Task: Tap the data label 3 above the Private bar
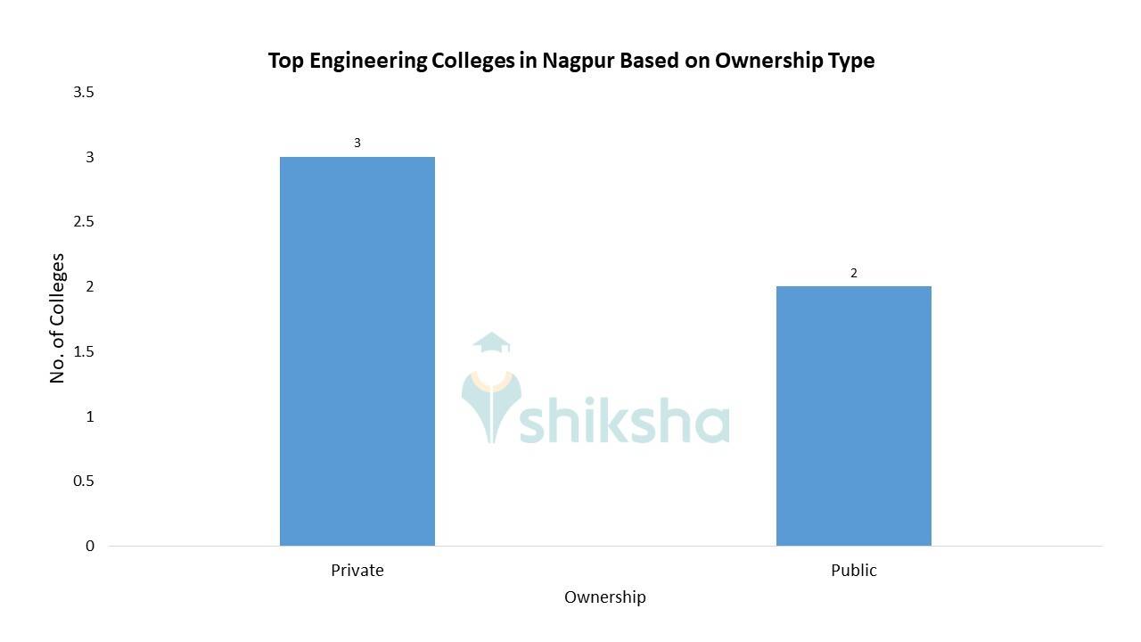pyautogui.click(x=357, y=143)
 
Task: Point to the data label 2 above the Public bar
pyautogui.click(x=854, y=273)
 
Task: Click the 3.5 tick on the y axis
pyautogui.click(x=84, y=92)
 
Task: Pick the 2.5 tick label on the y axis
pyautogui.click(x=84, y=221)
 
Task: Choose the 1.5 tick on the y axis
pyautogui.click(x=84, y=351)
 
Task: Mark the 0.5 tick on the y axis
pyautogui.click(x=84, y=481)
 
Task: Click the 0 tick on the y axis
pyautogui.click(x=90, y=546)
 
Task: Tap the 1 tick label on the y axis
pyautogui.click(x=90, y=416)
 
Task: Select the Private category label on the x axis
pyautogui.click(x=357, y=571)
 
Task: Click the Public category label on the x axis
pyautogui.click(x=853, y=571)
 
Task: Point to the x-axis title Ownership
pyautogui.click(x=604, y=597)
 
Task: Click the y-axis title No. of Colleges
pyautogui.click(x=58, y=318)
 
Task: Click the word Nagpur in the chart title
pyautogui.click(x=579, y=61)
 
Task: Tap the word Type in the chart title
pyautogui.click(x=851, y=61)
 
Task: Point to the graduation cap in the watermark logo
pyautogui.click(x=491, y=343)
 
